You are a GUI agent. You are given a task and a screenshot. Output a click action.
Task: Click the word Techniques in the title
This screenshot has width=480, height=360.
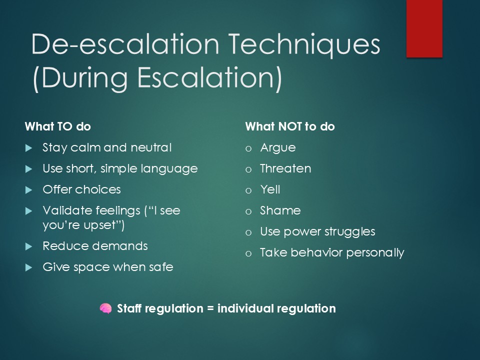304,45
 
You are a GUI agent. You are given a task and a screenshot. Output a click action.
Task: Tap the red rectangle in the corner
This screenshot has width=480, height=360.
424,28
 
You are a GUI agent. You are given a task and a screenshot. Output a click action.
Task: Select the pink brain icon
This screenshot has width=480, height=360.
105,308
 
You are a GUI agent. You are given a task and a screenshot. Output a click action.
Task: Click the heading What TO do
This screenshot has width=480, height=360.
58,126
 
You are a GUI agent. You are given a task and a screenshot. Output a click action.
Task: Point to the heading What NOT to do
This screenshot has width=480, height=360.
290,126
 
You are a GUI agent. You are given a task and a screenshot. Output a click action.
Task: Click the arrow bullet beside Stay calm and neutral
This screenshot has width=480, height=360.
29,148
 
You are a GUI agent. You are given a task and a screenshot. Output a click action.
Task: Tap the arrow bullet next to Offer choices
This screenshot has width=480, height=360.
29,190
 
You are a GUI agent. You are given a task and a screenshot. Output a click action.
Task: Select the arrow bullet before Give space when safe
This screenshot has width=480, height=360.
29,267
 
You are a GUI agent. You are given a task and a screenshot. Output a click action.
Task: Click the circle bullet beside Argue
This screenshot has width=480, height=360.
248,149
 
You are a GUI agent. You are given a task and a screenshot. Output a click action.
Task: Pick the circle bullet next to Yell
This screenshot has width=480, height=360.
248,191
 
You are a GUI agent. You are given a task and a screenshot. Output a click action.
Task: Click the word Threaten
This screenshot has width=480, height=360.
285,168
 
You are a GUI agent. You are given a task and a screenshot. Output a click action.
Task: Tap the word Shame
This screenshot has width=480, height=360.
280,210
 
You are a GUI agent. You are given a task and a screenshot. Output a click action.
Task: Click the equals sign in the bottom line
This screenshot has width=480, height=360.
210,308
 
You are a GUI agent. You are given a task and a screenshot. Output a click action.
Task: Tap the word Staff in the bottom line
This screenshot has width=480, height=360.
129,308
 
